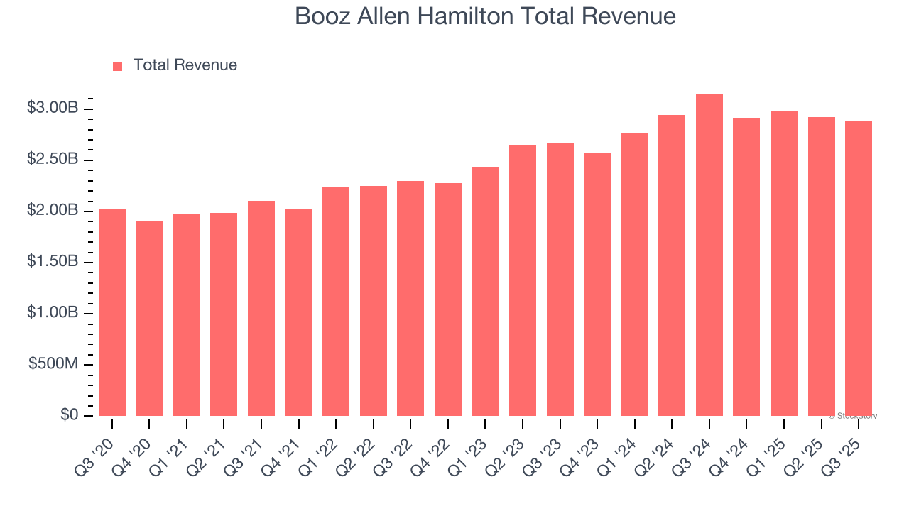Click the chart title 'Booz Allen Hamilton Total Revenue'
(485, 16)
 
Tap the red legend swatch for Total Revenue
(118, 66)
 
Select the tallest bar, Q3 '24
(709, 255)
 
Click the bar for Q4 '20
(149, 319)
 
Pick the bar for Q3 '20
(112, 312)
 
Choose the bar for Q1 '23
(485, 291)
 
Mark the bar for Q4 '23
(597, 285)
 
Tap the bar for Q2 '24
(672, 265)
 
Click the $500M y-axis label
(53, 364)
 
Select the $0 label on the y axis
(70, 415)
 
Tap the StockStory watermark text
(852, 416)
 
